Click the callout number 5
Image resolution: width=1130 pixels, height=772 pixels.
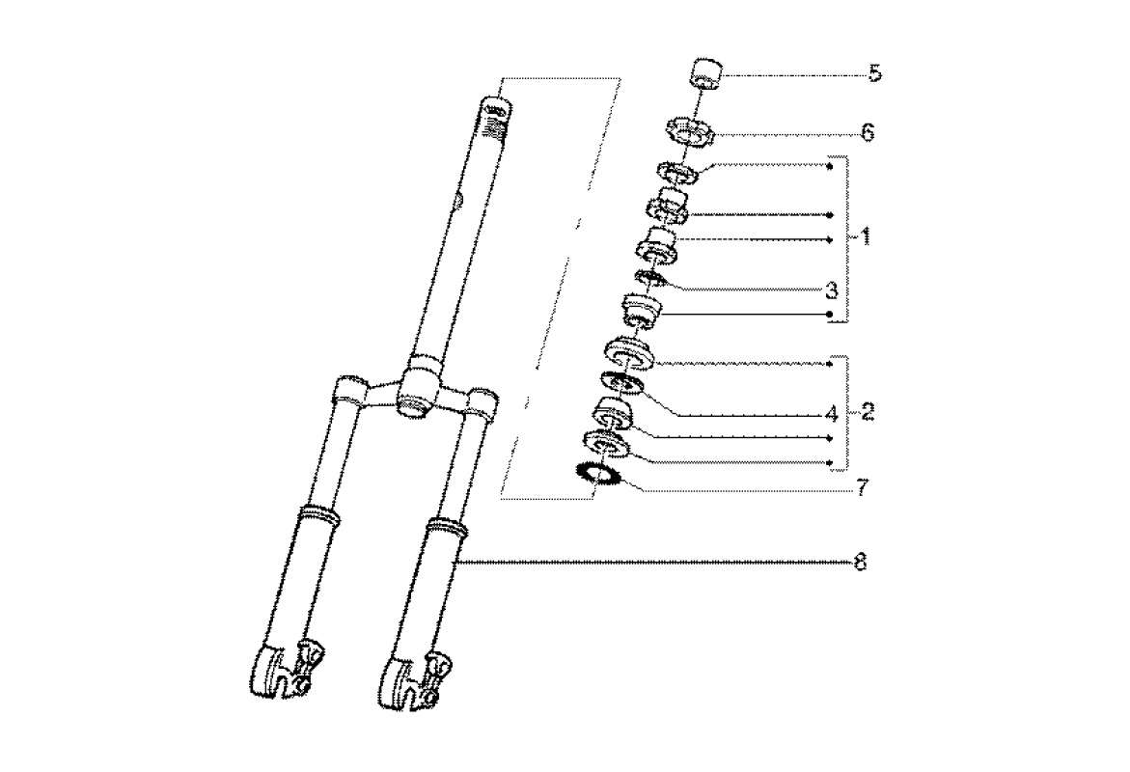coord(875,72)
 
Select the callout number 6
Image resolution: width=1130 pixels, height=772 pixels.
coord(868,132)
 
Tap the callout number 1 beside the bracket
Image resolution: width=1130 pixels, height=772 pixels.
coord(865,236)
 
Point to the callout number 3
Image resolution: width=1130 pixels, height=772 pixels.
coord(832,291)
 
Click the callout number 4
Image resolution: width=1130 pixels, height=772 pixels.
coord(832,414)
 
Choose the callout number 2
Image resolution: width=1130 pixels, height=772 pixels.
coord(867,412)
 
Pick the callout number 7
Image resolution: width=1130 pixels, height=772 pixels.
coord(863,488)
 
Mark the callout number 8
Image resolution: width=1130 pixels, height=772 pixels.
coord(860,562)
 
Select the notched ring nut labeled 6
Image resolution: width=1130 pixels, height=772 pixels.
coord(688,132)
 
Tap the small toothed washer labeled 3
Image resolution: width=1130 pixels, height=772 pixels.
coord(648,278)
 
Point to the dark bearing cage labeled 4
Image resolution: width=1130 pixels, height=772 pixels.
coord(620,382)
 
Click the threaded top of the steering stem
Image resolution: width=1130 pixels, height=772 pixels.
coord(496,117)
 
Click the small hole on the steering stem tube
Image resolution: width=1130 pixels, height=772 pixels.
coord(456,201)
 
